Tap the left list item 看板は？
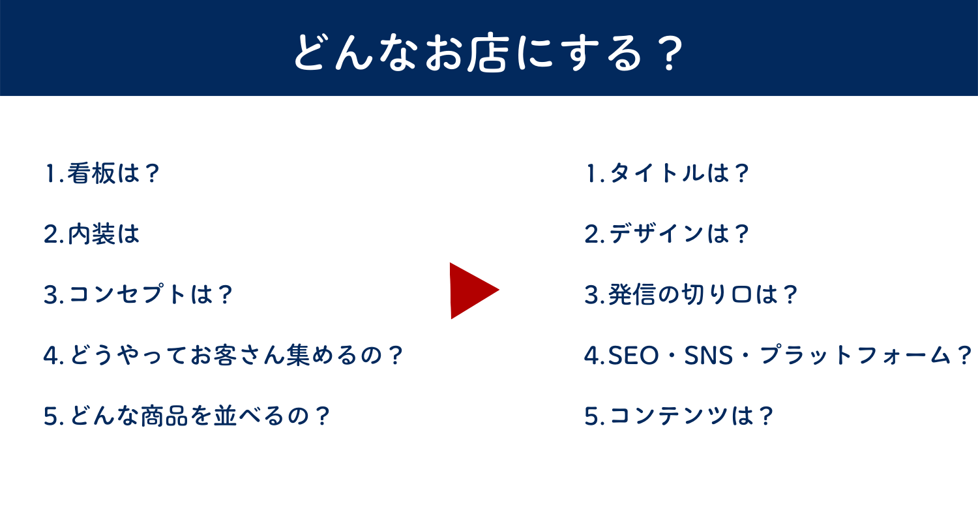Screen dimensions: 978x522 pyautogui.click(x=102, y=174)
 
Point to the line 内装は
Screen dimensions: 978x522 pyautogui.click(x=92, y=234)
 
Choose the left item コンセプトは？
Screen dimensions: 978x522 pyautogui.click(x=138, y=295)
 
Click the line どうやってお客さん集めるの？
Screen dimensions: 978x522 pyautogui.click(x=224, y=356)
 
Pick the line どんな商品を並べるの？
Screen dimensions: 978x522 pyautogui.click(x=187, y=416)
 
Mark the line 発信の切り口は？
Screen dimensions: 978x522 pyautogui.click(x=692, y=295)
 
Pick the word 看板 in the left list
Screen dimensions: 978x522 pyautogui.click(x=91, y=174)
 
